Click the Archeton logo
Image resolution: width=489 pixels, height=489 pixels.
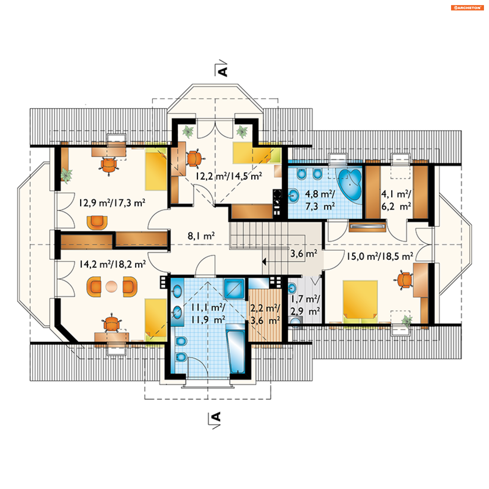pos(467,8)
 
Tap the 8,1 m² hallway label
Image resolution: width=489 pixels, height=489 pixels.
pos(201,236)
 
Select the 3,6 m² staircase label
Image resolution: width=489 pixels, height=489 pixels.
pos(304,253)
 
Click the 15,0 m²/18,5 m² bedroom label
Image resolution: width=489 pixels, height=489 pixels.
pos(380,256)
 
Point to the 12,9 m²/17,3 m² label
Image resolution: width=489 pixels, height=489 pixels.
pos(112,203)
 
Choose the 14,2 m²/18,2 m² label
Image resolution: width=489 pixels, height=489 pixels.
pos(113,264)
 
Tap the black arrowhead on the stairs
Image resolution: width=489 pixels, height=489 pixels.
pos(264,262)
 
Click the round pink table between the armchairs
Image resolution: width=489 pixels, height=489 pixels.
pos(111,287)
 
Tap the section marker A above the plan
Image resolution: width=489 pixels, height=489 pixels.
pos(223,72)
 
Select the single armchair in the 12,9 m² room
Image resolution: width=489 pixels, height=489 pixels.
pos(97,222)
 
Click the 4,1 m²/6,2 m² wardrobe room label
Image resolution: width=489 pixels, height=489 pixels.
pos(396,200)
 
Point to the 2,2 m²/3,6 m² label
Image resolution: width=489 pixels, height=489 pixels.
pos(265,314)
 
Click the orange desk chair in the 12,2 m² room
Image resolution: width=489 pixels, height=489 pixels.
pos(194,158)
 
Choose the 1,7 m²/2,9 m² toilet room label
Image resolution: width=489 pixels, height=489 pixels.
pos(305,305)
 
